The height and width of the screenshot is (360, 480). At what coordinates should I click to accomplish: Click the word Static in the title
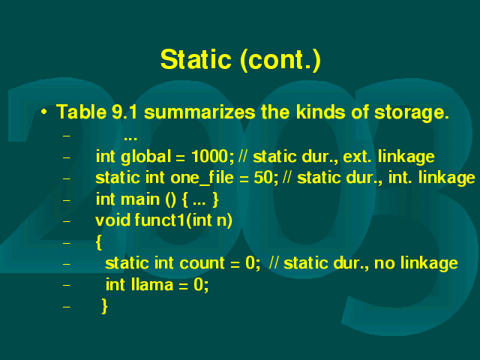[196, 59]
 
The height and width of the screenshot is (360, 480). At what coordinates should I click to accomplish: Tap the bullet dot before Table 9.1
[44, 112]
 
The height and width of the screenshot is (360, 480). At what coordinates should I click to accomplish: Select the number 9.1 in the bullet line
[124, 112]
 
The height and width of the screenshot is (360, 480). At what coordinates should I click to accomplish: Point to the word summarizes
[199, 112]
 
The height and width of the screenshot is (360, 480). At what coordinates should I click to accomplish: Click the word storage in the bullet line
[412, 112]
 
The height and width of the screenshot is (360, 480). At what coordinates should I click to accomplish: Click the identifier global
[145, 157]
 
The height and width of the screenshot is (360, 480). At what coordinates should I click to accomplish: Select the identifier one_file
[202, 178]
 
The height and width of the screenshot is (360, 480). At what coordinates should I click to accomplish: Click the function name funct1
[160, 220]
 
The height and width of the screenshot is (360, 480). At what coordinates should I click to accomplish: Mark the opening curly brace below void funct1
[98, 243]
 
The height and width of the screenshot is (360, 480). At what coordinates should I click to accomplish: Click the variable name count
[202, 263]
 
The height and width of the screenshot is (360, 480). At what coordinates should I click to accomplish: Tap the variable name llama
[152, 284]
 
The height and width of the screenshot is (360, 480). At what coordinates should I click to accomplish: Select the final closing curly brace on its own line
[105, 306]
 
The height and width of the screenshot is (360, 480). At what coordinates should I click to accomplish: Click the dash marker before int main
[67, 200]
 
